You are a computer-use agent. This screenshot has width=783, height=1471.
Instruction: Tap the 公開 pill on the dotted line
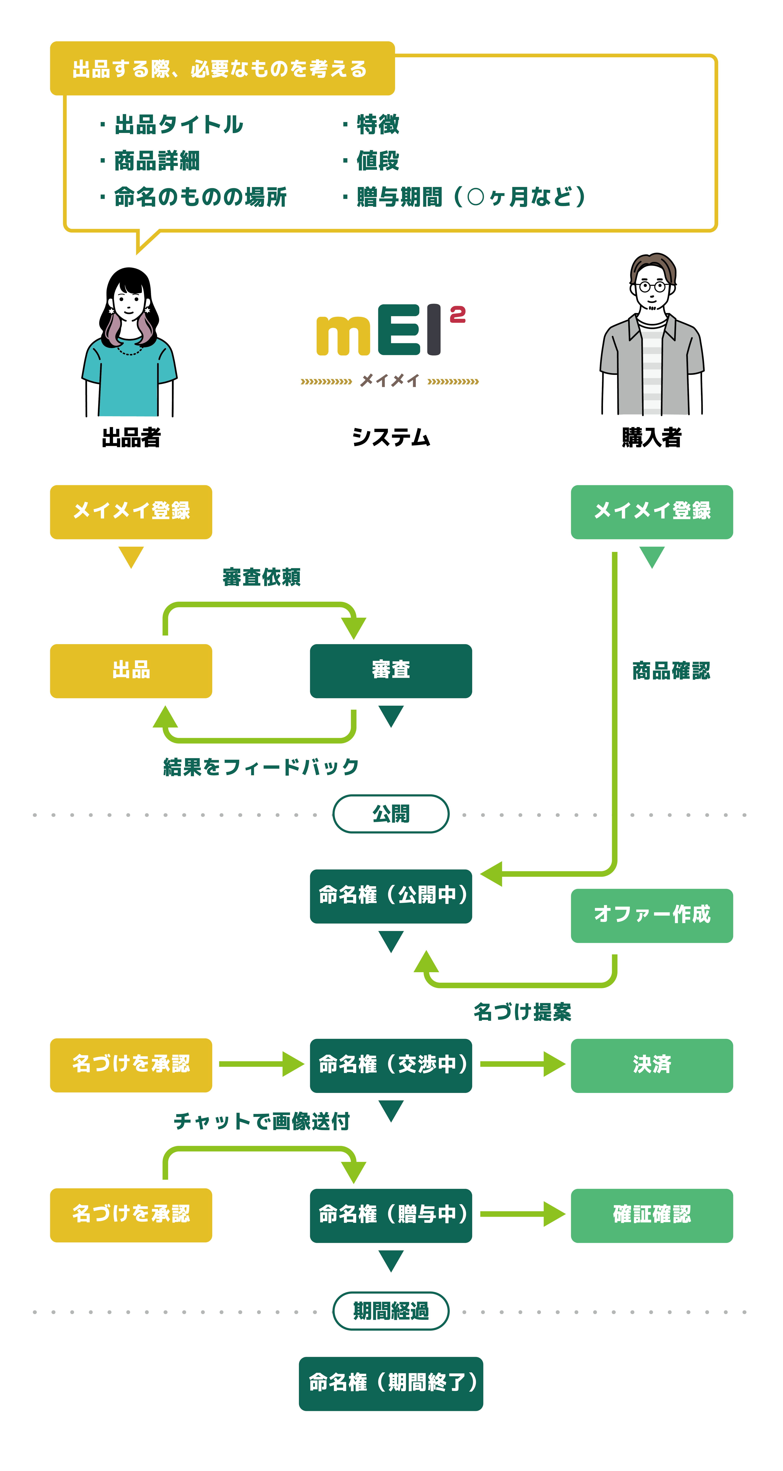(391, 814)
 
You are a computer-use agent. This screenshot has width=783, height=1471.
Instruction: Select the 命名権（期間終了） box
(391, 1383)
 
